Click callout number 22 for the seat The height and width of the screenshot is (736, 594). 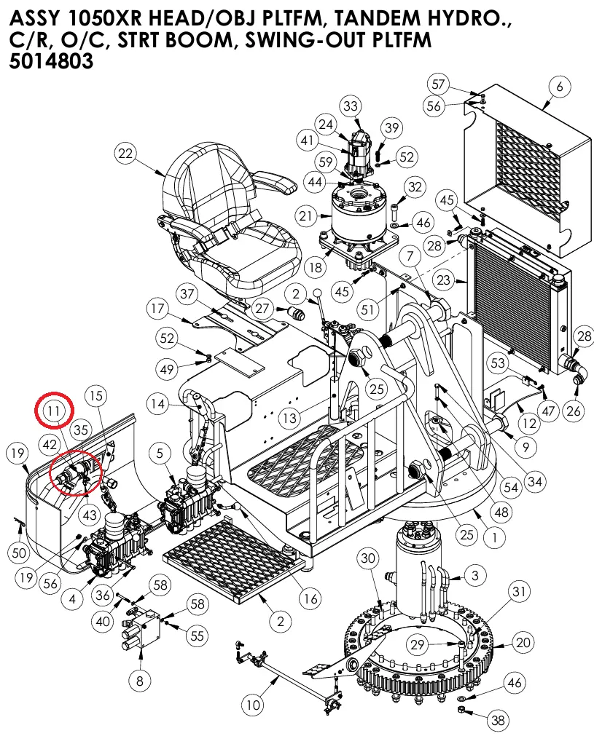pyautogui.click(x=126, y=154)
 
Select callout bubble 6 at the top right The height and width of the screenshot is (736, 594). pyautogui.click(x=559, y=87)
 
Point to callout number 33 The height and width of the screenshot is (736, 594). pyautogui.click(x=351, y=107)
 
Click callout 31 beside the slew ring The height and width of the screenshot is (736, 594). pyautogui.click(x=518, y=591)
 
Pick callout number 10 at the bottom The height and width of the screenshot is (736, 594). pyautogui.click(x=252, y=705)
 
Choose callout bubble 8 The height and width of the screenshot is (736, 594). pyautogui.click(x=139, y=681)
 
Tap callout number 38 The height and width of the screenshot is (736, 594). pyautogui.click(x=498, y=721)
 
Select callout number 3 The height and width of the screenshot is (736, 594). pyautogui.click(x=474, y=576)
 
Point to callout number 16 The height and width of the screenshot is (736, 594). pyautogui.click(x=310, y=599)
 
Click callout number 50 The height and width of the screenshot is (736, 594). pyautogui.click(x=20, y=553)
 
